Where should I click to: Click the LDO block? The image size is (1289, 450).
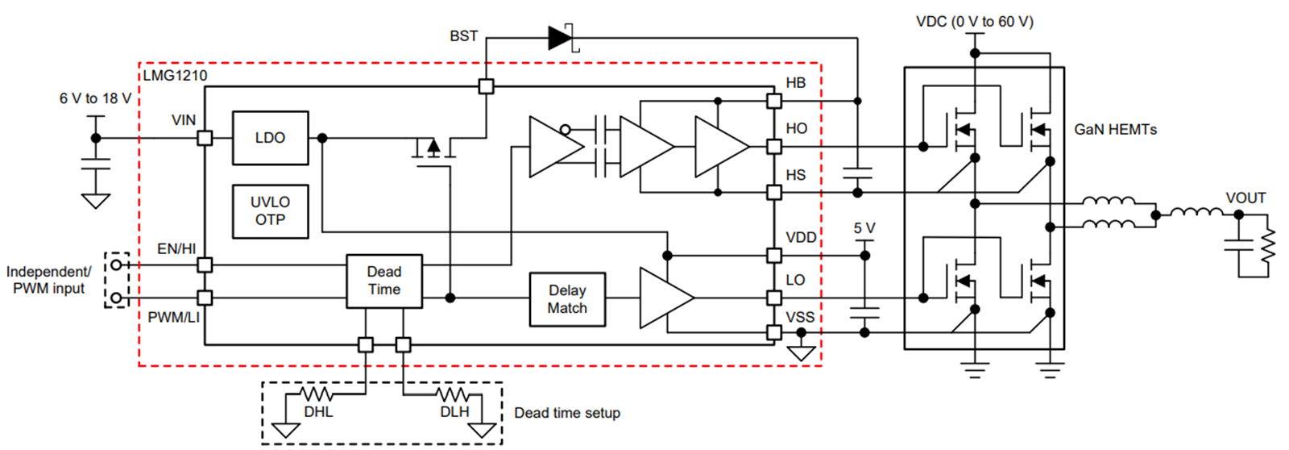pos(270,138)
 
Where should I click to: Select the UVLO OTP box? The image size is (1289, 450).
pos(270,211)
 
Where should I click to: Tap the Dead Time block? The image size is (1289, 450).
pos(384,281)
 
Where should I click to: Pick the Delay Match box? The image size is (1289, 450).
pos(567,299)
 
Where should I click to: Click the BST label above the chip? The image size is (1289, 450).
pos(463,36)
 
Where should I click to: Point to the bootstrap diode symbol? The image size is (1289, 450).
pos(561,37)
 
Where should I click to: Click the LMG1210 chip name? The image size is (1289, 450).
pos(176,76)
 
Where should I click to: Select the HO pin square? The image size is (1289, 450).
pos(773,146)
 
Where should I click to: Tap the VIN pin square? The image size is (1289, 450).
pos(205,138)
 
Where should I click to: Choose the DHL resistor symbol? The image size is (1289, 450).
pos(317,394)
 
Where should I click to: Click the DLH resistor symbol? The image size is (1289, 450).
pos(453,394)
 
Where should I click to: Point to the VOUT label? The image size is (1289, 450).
pos(1245,198)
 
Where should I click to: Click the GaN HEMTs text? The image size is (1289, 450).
pos(1115,129)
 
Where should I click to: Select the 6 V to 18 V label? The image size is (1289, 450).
pos(95,98)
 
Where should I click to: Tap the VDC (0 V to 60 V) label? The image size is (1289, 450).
pos(975,22)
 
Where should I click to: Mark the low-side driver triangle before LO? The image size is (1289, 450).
pos(665,298)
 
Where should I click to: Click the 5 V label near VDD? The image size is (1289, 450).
pos(864,228)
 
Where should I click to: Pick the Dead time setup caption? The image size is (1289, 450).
pos(567,413)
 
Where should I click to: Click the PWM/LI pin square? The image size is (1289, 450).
pos(205,298)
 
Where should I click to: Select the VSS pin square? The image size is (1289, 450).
pos(773,332)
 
